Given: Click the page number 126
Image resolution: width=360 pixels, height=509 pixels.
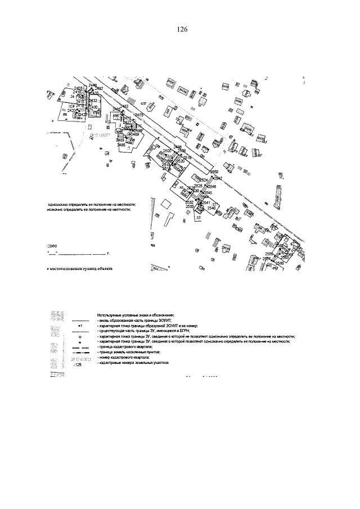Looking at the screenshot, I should pos(181,30).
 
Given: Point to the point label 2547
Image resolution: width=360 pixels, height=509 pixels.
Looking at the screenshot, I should pos(218,178).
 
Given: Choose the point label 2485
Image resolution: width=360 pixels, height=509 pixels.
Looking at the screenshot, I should pos(121,145).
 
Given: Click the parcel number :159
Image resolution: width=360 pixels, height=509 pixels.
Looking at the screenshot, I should pos(71,106).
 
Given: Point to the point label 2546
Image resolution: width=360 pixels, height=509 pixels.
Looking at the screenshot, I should pos(211,186).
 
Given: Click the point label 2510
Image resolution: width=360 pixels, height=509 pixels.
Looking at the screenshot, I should pos(187,157).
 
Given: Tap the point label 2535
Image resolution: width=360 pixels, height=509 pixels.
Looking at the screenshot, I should pos(190,206).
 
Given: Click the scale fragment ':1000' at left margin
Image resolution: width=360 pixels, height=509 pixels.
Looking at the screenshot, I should pos(53,246).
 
